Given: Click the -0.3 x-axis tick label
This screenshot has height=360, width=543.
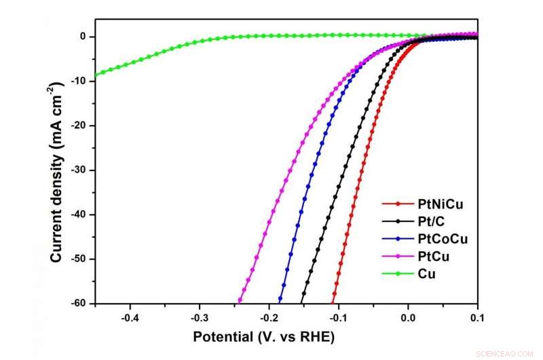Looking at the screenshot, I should [199, 317].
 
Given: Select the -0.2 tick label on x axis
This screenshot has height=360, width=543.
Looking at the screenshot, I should [269, 317].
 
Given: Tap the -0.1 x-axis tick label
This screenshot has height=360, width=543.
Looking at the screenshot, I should [338, 317].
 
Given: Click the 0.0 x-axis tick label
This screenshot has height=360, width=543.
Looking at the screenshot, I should [408, 317].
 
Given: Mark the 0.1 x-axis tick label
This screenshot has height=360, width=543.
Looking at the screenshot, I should [477, 317].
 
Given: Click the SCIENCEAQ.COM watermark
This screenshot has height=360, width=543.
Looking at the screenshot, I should [509, 353].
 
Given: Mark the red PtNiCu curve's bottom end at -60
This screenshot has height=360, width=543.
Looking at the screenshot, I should [333, 302].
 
